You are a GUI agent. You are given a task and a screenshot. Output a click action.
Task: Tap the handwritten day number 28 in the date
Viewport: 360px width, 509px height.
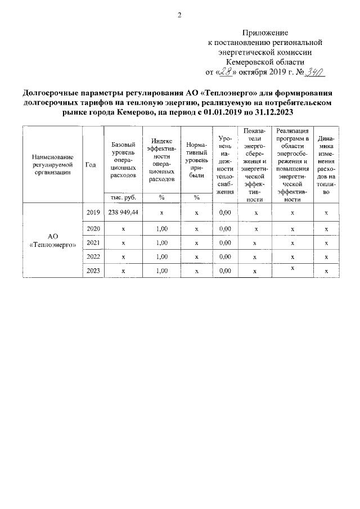tap(228, 71)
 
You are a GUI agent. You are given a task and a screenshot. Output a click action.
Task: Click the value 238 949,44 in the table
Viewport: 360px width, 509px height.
tap(123, 213)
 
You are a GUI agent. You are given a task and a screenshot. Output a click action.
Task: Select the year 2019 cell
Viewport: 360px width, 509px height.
tap(93, 213)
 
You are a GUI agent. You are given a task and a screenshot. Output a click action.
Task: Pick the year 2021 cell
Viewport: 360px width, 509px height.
tap(93, 243)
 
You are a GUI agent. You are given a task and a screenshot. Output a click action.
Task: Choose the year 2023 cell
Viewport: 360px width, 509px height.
tap(93, 271)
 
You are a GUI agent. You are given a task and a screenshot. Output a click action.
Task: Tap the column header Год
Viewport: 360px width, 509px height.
tap(91, 164)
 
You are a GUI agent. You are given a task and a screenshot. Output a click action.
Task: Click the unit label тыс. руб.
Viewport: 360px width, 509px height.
tap(123, 197)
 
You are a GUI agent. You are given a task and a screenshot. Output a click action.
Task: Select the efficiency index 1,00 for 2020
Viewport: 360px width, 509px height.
tap(161, 229)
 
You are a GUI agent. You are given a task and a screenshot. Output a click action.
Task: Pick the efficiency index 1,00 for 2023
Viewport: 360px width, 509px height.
tap(161, 271)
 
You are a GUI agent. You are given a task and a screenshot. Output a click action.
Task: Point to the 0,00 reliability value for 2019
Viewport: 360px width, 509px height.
tap(225, 213)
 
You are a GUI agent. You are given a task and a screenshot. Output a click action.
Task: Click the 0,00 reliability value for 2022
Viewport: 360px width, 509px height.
tap(225, 256)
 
